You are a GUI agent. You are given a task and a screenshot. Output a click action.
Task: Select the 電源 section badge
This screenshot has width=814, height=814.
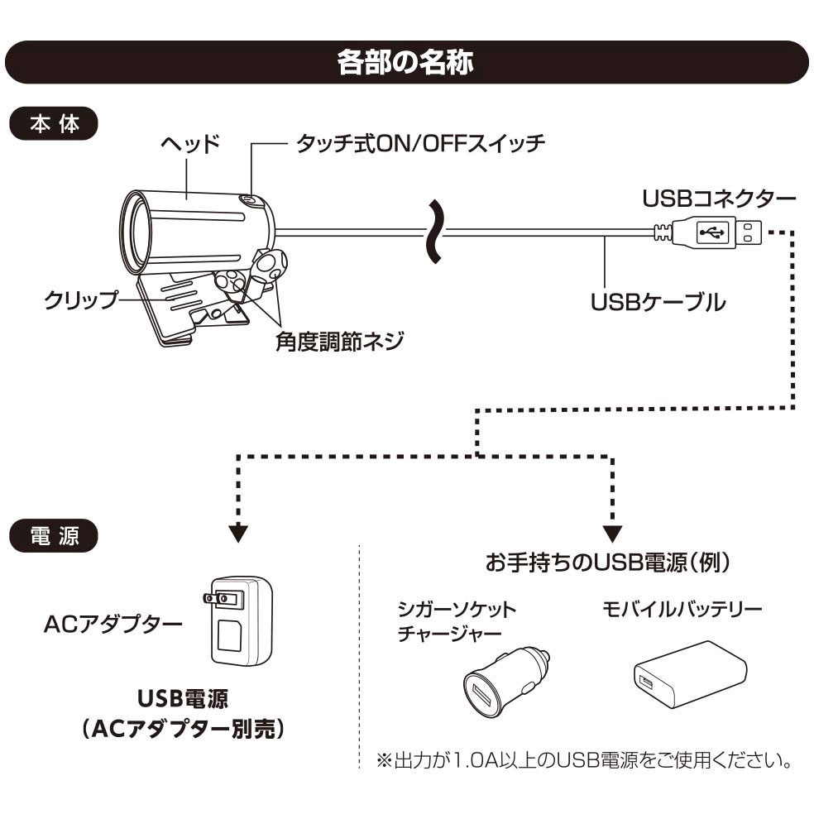coord(54,535)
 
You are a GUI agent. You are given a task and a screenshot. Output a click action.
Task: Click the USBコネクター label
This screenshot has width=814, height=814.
coord(719,199)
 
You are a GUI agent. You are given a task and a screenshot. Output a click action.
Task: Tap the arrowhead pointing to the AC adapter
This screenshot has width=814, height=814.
coord(238,533)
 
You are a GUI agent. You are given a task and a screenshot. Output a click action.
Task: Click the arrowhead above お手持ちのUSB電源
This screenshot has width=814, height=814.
coord(613,533)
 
